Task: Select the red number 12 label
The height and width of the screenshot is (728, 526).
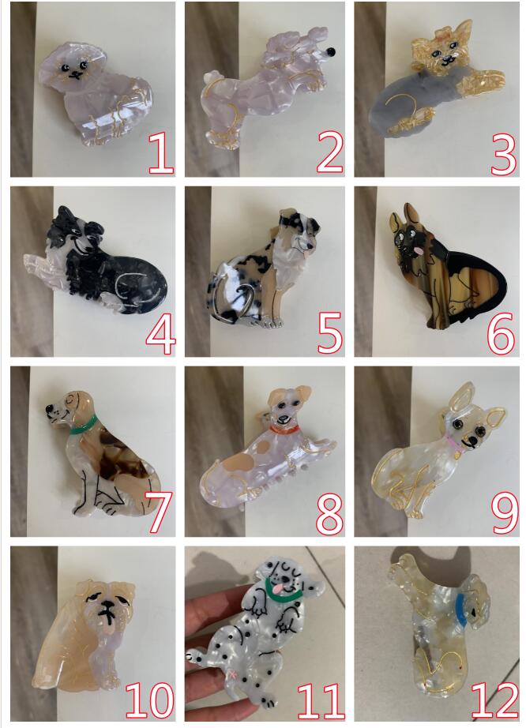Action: (x=494, y=700)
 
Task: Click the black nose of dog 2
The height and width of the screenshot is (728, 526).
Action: (x=331, y=52)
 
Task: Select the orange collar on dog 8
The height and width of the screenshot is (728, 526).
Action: (x=284, y=430)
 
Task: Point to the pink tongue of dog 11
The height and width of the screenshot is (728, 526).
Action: (x=276, y=589)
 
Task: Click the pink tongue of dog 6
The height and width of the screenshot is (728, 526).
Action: (x=417, y=251)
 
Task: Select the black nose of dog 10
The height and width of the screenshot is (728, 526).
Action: (x=107, y=604)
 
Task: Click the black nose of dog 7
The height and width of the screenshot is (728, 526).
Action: (x=49, y=408)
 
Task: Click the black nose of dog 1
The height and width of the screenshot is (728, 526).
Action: (x=74, y=73)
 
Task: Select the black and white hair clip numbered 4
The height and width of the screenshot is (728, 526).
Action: (x=96, y=262)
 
